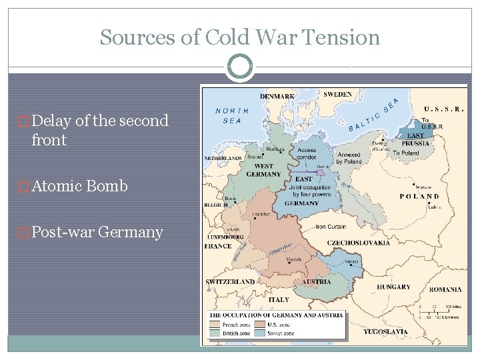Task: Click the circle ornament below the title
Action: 239,67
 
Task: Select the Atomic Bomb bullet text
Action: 79,186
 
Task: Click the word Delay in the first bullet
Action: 52,121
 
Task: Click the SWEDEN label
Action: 338,95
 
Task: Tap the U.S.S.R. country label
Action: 444,109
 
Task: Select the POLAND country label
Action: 419,197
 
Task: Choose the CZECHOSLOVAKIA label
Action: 358,243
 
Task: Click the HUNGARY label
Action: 393,287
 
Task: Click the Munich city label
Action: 293,259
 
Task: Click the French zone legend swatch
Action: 215,324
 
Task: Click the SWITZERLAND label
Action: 230,282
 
